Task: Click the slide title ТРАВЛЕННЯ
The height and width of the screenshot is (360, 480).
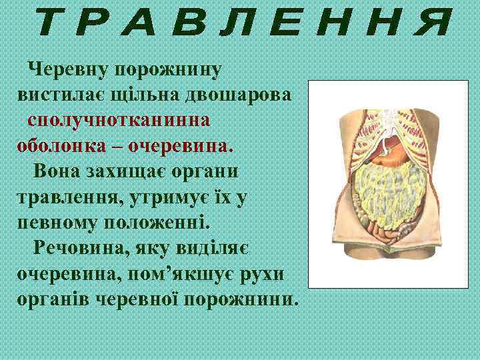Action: (241, 25)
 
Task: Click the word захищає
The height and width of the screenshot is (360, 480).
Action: (129, 171)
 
